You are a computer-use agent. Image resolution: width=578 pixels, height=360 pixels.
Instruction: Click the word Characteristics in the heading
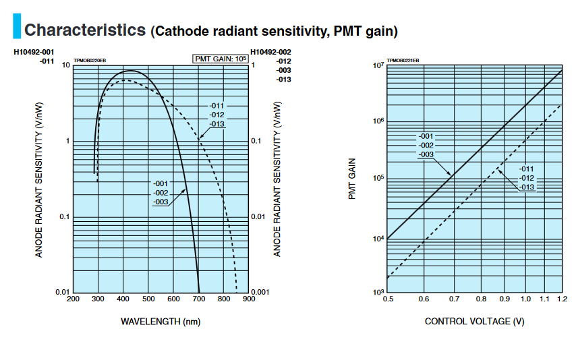pos(85,30)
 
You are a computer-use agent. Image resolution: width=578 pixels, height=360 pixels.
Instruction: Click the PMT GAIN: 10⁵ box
pos(221,59)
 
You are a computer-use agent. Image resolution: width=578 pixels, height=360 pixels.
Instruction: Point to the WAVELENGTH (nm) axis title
pos(161,322)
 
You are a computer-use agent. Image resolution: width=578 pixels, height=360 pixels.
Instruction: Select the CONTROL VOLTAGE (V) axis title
pos(474,322)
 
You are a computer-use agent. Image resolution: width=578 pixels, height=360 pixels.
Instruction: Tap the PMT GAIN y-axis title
pos(352,178)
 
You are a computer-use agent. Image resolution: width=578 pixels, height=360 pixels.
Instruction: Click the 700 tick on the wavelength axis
pos(200,299)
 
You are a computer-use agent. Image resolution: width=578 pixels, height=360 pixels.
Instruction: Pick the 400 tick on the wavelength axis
pos(123,299)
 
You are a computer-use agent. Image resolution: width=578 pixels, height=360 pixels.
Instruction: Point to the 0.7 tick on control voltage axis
pos(453,299)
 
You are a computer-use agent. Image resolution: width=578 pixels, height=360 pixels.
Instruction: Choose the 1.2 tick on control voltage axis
pos(562,299)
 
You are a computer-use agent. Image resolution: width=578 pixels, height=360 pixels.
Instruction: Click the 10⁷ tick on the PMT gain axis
pos(378,65)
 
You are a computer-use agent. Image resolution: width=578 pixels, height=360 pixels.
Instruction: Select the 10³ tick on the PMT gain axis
pos(378,291)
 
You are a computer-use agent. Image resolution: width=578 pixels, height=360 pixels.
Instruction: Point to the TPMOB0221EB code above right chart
pos(403,61)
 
